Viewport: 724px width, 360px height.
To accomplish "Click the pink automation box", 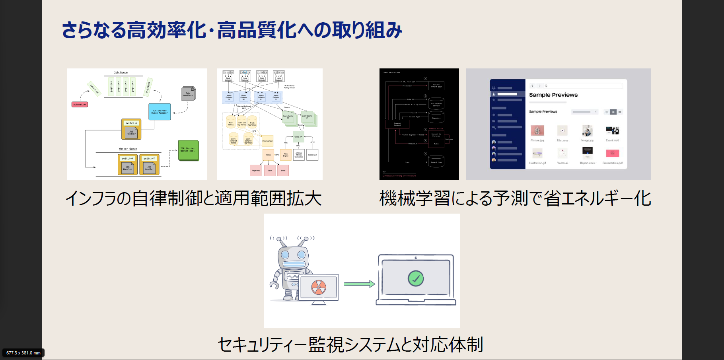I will (80, 105).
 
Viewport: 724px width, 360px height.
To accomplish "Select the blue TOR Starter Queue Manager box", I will (160, 112).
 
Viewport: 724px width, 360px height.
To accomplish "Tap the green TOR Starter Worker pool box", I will (188, 150).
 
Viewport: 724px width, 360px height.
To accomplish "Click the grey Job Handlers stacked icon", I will (188, 94).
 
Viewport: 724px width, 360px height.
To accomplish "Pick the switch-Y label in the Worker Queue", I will (149, 158).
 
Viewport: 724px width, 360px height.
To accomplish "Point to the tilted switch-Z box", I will (94, 88).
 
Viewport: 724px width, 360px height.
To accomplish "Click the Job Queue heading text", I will (121, 72).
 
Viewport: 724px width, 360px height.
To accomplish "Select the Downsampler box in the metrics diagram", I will (267, 141).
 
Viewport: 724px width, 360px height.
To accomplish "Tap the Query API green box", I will (298, 136).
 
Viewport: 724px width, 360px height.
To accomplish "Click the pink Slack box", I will (270, 170).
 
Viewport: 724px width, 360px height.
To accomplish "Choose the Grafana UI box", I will (312, 155).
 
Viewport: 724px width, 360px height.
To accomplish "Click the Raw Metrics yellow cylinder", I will (231, 122).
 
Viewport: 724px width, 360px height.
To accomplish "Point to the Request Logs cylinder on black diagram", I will (436, 161).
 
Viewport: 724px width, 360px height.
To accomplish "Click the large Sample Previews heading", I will (553, 95).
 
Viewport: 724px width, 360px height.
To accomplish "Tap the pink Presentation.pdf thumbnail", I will (612, 153).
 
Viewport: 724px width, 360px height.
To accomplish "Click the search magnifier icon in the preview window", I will (546, 86).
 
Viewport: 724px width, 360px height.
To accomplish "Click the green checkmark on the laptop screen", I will (416, 278).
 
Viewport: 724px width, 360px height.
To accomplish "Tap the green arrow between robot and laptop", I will (359, 284).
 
